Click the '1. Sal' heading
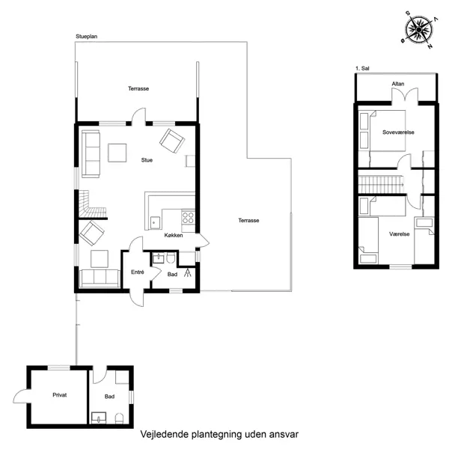click(x=362, y=69)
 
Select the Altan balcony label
click(x=398, y=84)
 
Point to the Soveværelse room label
click(x=398, y=132)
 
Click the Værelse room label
click(x=398, y=234)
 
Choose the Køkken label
click(x=174, y=235)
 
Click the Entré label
click(x=138, y=272)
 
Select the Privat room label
click(x=60, y=394)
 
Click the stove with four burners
click(x=188, y=219)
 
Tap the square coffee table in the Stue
click(x=117, y=153)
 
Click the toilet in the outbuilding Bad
click(x=120, y=417)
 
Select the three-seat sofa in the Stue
click(x=91, y=153)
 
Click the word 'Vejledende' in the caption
click(x=163, y=434)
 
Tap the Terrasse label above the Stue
click(x=138, y=88)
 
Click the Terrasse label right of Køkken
click(x=248, y=220)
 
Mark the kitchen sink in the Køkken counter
click(x=153, y=222)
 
